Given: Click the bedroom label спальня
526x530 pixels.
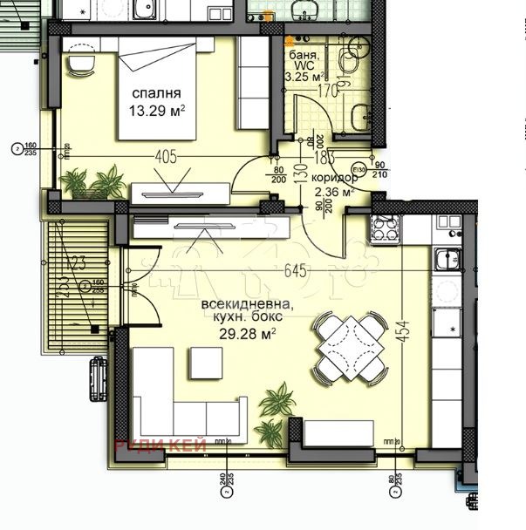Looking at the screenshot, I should point(157,93).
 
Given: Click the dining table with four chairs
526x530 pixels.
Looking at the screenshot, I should point(352,347).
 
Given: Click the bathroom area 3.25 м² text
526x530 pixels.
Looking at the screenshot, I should point(305,75).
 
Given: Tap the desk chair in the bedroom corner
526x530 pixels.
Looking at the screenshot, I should point(80,63).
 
